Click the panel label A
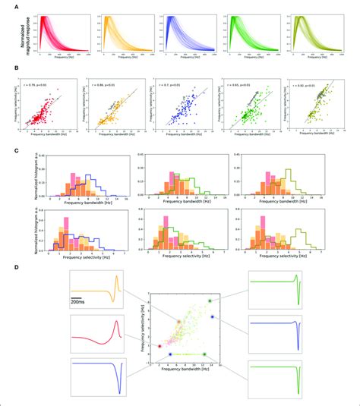(8, 7)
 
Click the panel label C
(8, 149)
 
